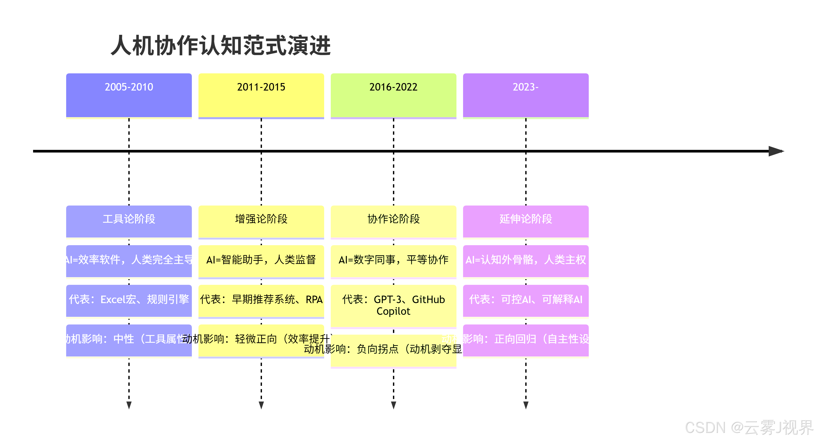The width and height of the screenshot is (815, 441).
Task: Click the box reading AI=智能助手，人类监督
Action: coord(261,261)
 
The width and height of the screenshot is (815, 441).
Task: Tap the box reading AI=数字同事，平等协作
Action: coord(393,261)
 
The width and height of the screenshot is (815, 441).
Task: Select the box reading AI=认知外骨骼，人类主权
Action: coord(525,261)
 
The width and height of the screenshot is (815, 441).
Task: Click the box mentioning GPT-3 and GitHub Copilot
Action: coord(393,306)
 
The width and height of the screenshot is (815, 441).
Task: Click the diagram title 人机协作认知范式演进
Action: coord(221,46)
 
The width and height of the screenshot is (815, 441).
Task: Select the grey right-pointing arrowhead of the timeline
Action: coord(776,151)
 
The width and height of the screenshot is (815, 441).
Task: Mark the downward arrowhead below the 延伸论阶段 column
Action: coord(525,405)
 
